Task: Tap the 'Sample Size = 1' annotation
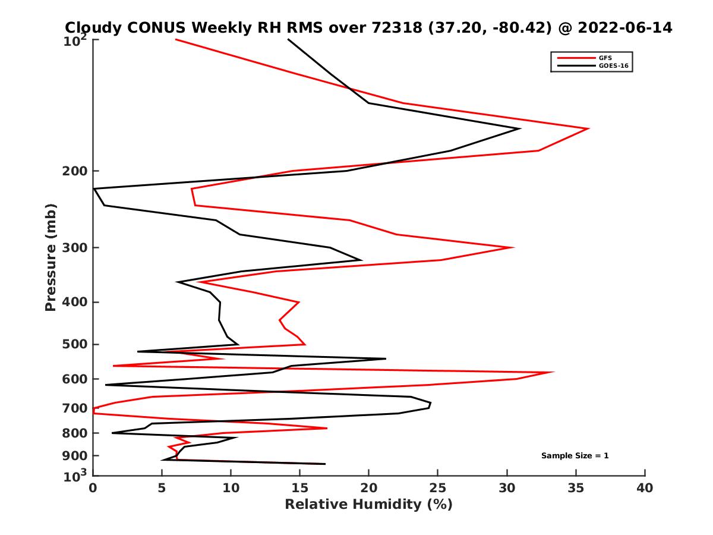pyautogui.click(x=575, y=456)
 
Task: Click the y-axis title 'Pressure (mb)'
pyautogui.click(x=51, y=257)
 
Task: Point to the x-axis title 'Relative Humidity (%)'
pyautogui.click(x=368, y=505)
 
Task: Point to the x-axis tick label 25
pyautogui.click(x=438, y=488)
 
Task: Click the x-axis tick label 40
pyautogui.click(x=645, y=488)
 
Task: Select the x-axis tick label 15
pyautogui.click(x=300, y=488)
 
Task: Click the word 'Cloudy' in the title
pyautogui.click(x=94, y=27)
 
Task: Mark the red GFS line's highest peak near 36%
pyautogui.click(x=588, y=128)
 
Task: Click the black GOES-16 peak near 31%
pyautogui.click(x=520, y=128)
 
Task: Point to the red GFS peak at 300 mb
pyautogui.click(x=513, y=247)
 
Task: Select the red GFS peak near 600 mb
pyautogui.click(x=554, y=372)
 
